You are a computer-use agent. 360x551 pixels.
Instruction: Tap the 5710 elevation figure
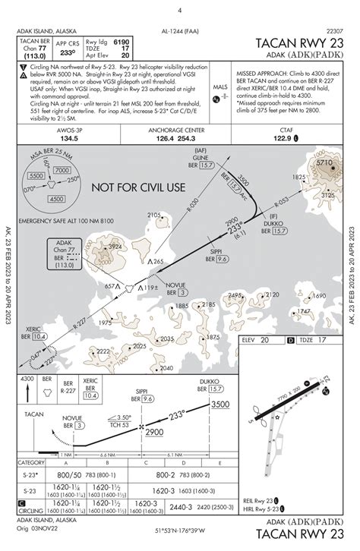[324, 162]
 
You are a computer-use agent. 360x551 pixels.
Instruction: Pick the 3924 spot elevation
[114, 247]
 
